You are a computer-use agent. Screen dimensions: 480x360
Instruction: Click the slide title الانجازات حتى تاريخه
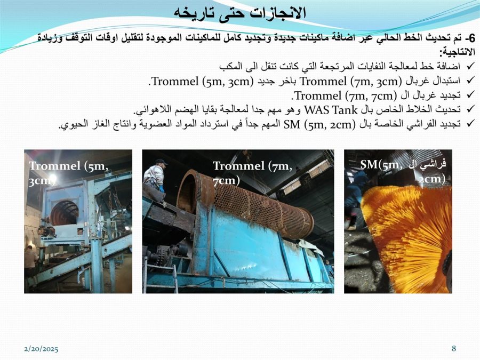240,13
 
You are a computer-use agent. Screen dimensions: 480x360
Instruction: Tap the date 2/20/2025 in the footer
41,349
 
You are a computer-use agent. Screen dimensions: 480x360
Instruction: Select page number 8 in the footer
454,348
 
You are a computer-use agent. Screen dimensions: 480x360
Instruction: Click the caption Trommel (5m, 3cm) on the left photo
69,173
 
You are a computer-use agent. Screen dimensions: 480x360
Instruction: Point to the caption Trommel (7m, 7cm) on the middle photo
253,173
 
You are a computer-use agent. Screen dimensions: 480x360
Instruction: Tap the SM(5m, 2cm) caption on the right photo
403,172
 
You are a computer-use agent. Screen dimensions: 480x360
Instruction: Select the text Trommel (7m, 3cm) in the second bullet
349,82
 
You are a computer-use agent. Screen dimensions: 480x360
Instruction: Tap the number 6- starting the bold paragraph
470,38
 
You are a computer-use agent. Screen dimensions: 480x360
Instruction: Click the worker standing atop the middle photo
155,179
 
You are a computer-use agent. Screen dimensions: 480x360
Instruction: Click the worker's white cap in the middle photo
161,161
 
